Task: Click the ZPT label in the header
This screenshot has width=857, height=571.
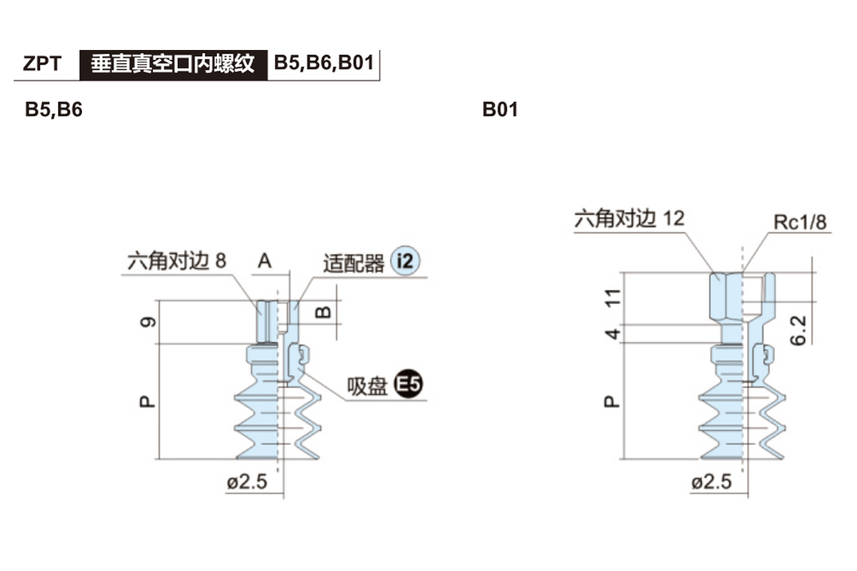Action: [41, 64]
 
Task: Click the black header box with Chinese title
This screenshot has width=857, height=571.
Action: [172, 64]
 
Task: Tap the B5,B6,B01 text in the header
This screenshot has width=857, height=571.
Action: [324, 64]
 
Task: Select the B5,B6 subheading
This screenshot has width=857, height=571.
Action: [54, 111]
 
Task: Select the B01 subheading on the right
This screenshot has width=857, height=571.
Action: [500, 111]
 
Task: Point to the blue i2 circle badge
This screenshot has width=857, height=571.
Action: [405, 263]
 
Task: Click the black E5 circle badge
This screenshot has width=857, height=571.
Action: [409, 385]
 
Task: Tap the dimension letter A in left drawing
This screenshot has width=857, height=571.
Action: [265, 262]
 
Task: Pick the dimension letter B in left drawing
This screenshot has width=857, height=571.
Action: [323, 312]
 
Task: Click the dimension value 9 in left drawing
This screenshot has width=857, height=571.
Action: [146, 323]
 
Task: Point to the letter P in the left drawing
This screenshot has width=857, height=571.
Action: [146, 402]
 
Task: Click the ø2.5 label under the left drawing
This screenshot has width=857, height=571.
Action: [247, 482]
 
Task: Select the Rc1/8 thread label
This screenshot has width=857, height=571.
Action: [800, 222]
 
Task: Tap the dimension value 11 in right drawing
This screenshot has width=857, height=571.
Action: [611, 298]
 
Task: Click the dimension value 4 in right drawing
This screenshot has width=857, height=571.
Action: [611, 333]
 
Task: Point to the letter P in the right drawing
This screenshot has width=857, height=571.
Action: [611, 402]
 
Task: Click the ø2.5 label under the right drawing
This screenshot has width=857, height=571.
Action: [712, 482]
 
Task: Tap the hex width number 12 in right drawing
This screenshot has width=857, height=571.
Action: [673, 218]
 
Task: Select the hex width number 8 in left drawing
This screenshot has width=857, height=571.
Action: [220, 261]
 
